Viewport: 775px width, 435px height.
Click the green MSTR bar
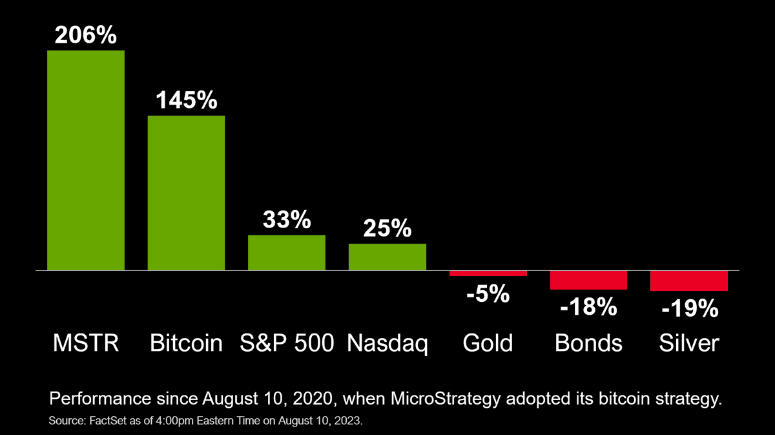click(x=86, y=160)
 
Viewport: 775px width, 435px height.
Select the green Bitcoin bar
click(x=186, y=193)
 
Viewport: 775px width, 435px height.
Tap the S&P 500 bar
click(x=287, y=252)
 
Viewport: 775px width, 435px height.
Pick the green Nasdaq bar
click(x=387, y=257)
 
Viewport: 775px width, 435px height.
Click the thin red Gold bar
click(x=488, y=273)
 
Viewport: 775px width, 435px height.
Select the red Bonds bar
click(x=589, y=280)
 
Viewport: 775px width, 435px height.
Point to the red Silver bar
click(x=689, y=281)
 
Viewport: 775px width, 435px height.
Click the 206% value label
click(x=86, y=35)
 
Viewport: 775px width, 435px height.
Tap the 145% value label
click(x=186, y=100)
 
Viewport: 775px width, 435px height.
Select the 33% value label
click(x=287, y=220)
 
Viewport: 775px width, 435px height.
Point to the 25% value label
click(x=387, y=228)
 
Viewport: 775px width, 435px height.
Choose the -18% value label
click(x=589, y=307)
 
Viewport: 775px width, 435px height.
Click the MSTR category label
click(x=85, y=343)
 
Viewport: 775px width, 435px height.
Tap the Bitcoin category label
click(x=186, y=343)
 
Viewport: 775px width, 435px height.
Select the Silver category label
click(x=689, y=343)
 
